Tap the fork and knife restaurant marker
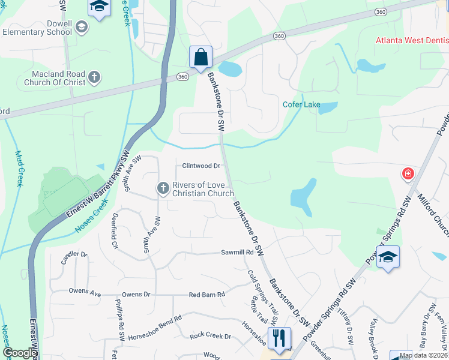(x=279, y=338)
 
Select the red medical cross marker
(x=408, y=174)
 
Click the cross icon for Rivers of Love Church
(x=163, y=188)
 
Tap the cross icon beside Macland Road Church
(x=94, y=77)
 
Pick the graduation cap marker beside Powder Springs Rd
(x=388, y=257)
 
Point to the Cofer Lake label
(x=301, y=104)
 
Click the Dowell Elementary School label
(x=37, y=27)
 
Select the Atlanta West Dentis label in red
(x=412, y=41)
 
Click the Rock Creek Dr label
(x=210, y=336)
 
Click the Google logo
(x=20, y=353)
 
